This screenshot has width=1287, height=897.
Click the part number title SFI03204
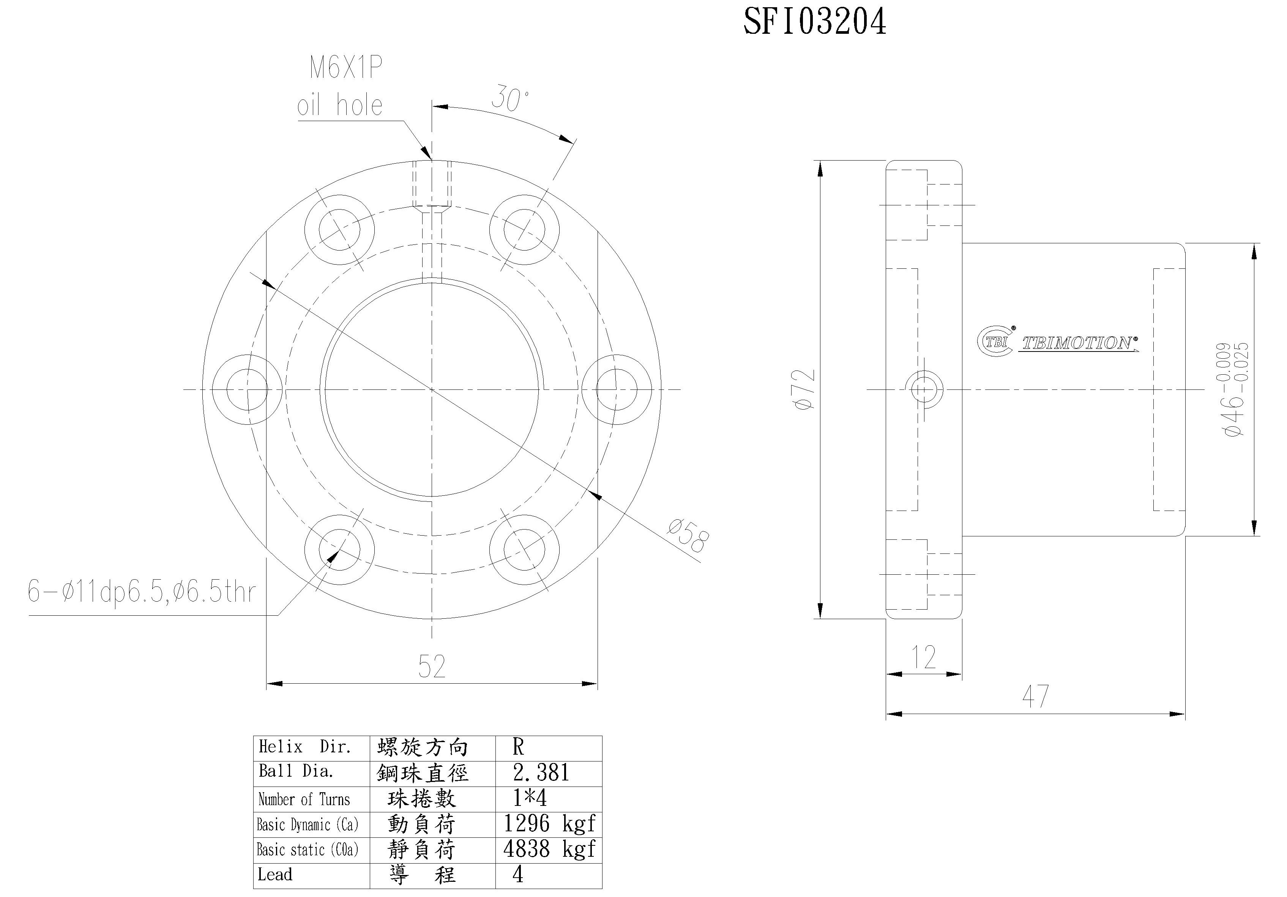814,22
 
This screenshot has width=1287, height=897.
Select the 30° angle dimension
509,99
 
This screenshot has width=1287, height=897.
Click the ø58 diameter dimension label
688,535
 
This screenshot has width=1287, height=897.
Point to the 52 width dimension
432,666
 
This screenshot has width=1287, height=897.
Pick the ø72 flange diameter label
805,389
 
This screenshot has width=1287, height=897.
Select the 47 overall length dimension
1035,697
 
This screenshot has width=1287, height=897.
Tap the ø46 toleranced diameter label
1233,389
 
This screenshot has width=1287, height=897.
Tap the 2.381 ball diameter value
541,772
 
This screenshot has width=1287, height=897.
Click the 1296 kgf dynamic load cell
549,824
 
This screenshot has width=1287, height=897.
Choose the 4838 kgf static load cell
549,849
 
